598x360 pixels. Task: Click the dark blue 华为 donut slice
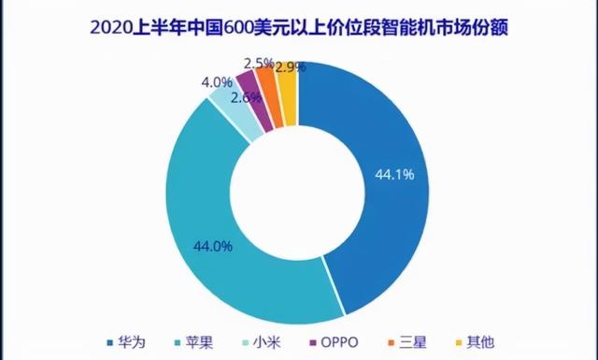(x=383, y=215)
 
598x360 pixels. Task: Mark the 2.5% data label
(x=258, y=64)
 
